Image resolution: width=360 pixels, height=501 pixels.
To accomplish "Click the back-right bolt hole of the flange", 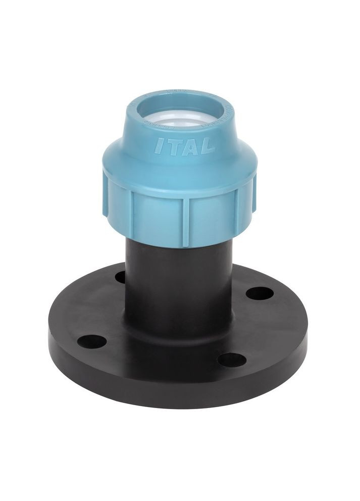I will tap(260, 292).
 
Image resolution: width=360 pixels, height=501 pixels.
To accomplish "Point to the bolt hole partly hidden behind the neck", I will tap(120, 277).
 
